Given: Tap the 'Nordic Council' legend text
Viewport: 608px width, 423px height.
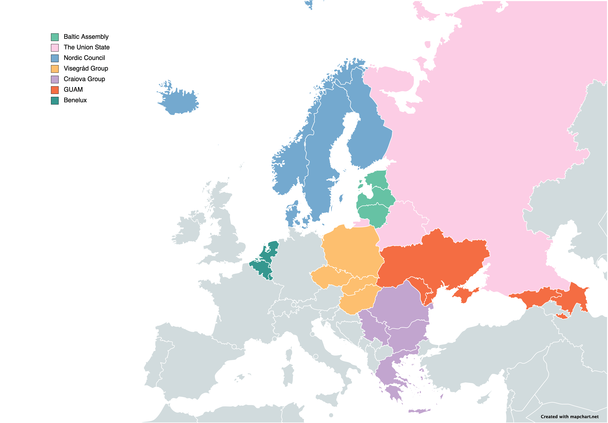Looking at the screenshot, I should click(84, 58).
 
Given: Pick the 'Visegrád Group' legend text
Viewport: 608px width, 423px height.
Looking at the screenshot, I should click(86, 68).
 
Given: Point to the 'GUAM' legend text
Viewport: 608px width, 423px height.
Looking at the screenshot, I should click(73, 89).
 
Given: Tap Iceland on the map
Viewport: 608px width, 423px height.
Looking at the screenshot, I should click(180, 102).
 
